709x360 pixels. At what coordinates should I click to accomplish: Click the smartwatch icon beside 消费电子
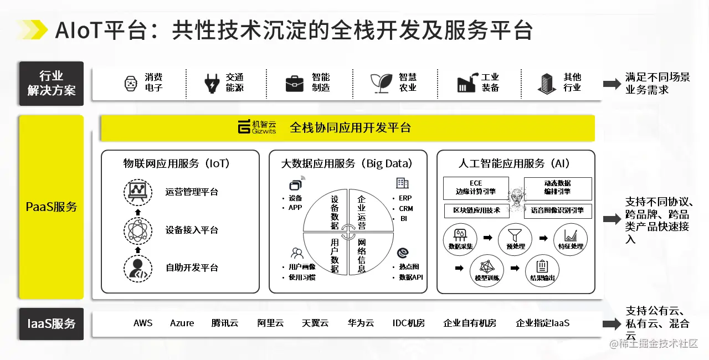click(x=130, y=84)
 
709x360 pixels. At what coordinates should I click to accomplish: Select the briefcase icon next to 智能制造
click(x=294, y=84)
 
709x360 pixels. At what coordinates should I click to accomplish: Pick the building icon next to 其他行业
click(x=547, y=84)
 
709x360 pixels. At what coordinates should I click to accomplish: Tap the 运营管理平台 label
click(x=192, y=192)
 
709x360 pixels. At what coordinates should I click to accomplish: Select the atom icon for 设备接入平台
click(x=138, y=230)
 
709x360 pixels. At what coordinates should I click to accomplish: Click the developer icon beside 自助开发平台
click(x=138, y=268)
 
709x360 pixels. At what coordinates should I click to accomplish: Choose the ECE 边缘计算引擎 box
click(x=476, y=188)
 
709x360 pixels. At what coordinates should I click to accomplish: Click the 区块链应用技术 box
click(x=476, y=210)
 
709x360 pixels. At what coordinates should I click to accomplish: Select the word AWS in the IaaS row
click(x=143, y=323)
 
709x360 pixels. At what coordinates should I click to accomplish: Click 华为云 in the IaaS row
click(x=361, y=323)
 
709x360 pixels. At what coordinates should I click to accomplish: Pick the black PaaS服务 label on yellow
click(x=52, y=207)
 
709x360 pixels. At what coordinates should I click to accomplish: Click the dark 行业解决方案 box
click(x=52, y=84)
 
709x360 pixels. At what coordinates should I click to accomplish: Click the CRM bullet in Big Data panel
click(x=405, y=209)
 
